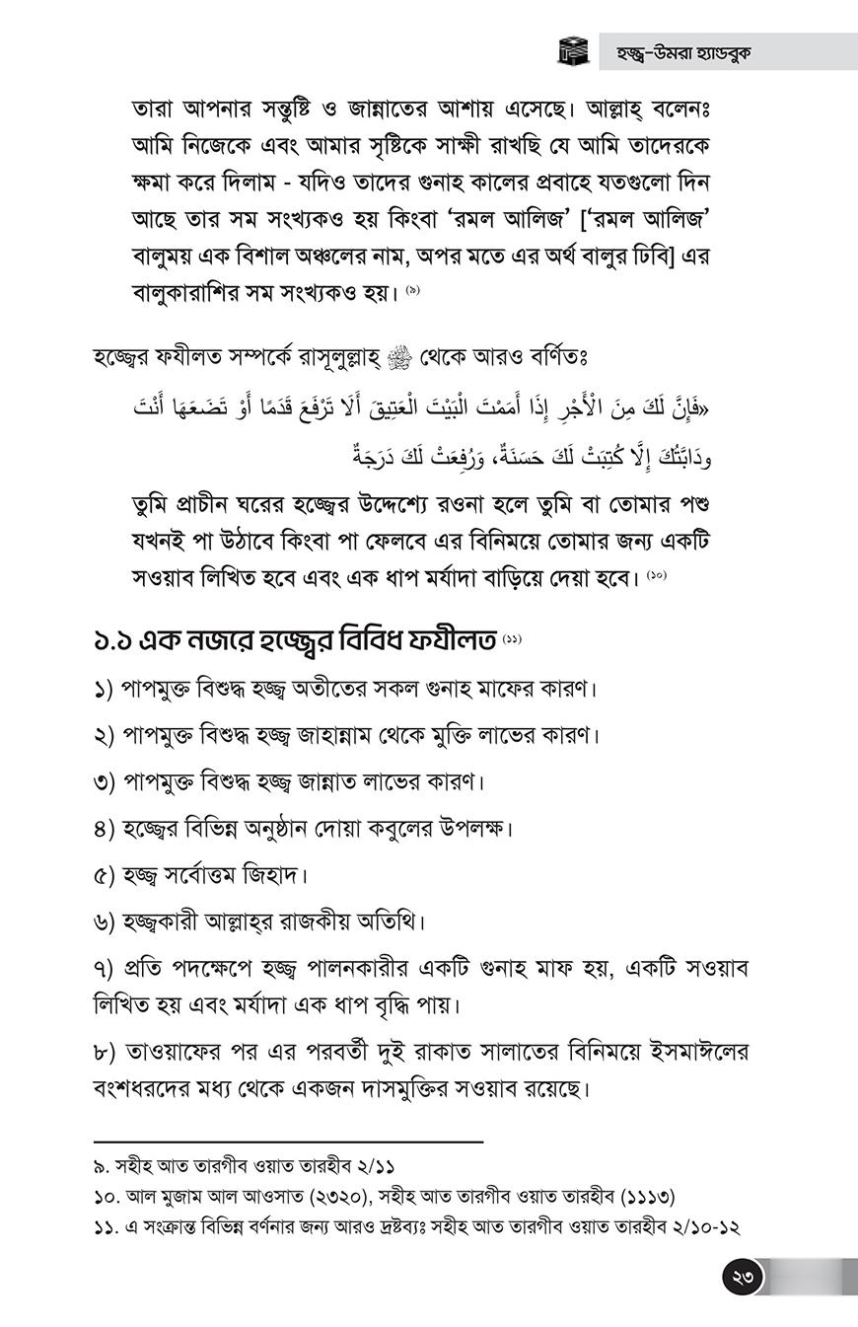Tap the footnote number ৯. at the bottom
click(101, 1166)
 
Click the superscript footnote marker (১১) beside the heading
click(512, 638)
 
